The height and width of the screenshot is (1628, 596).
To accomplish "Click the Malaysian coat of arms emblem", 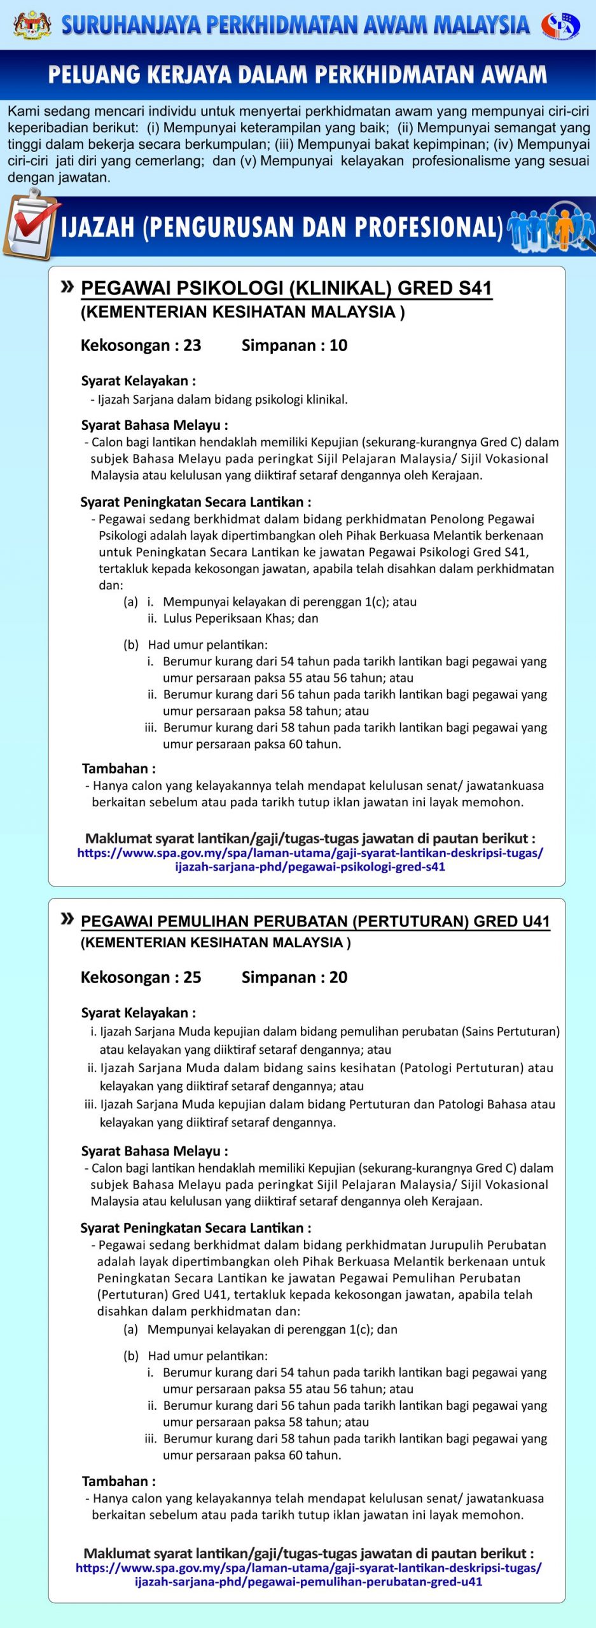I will click(32, 24).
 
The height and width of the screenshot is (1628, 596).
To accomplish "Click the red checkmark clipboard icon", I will click(31, 226).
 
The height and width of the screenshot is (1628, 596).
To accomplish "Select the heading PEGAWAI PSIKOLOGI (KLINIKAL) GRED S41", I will click(286, 288).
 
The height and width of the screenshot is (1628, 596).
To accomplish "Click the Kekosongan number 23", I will click(192, 345).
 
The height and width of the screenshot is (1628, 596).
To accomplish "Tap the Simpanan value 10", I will click(338, 345).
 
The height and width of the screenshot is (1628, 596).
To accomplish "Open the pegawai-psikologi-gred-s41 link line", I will click(310, 867).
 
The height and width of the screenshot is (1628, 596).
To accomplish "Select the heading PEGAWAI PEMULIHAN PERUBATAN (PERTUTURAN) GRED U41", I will click(315, 921).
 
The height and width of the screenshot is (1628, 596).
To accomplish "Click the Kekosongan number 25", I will click(192, 977).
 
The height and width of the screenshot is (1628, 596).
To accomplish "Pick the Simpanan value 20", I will click(338, 977).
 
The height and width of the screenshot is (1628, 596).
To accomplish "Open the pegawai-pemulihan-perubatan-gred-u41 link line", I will click(308, 1582).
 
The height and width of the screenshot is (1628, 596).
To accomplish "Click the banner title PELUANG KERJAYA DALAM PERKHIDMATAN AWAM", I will click(297, 74).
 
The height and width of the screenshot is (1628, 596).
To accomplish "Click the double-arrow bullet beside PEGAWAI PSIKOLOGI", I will click(67, 287).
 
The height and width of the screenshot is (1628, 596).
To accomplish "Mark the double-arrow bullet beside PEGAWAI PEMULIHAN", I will click(67, 918).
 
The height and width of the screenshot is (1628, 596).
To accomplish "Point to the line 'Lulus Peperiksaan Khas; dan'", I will click(240, 618).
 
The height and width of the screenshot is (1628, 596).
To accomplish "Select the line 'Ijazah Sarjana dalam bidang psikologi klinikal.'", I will click(223, 399).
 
